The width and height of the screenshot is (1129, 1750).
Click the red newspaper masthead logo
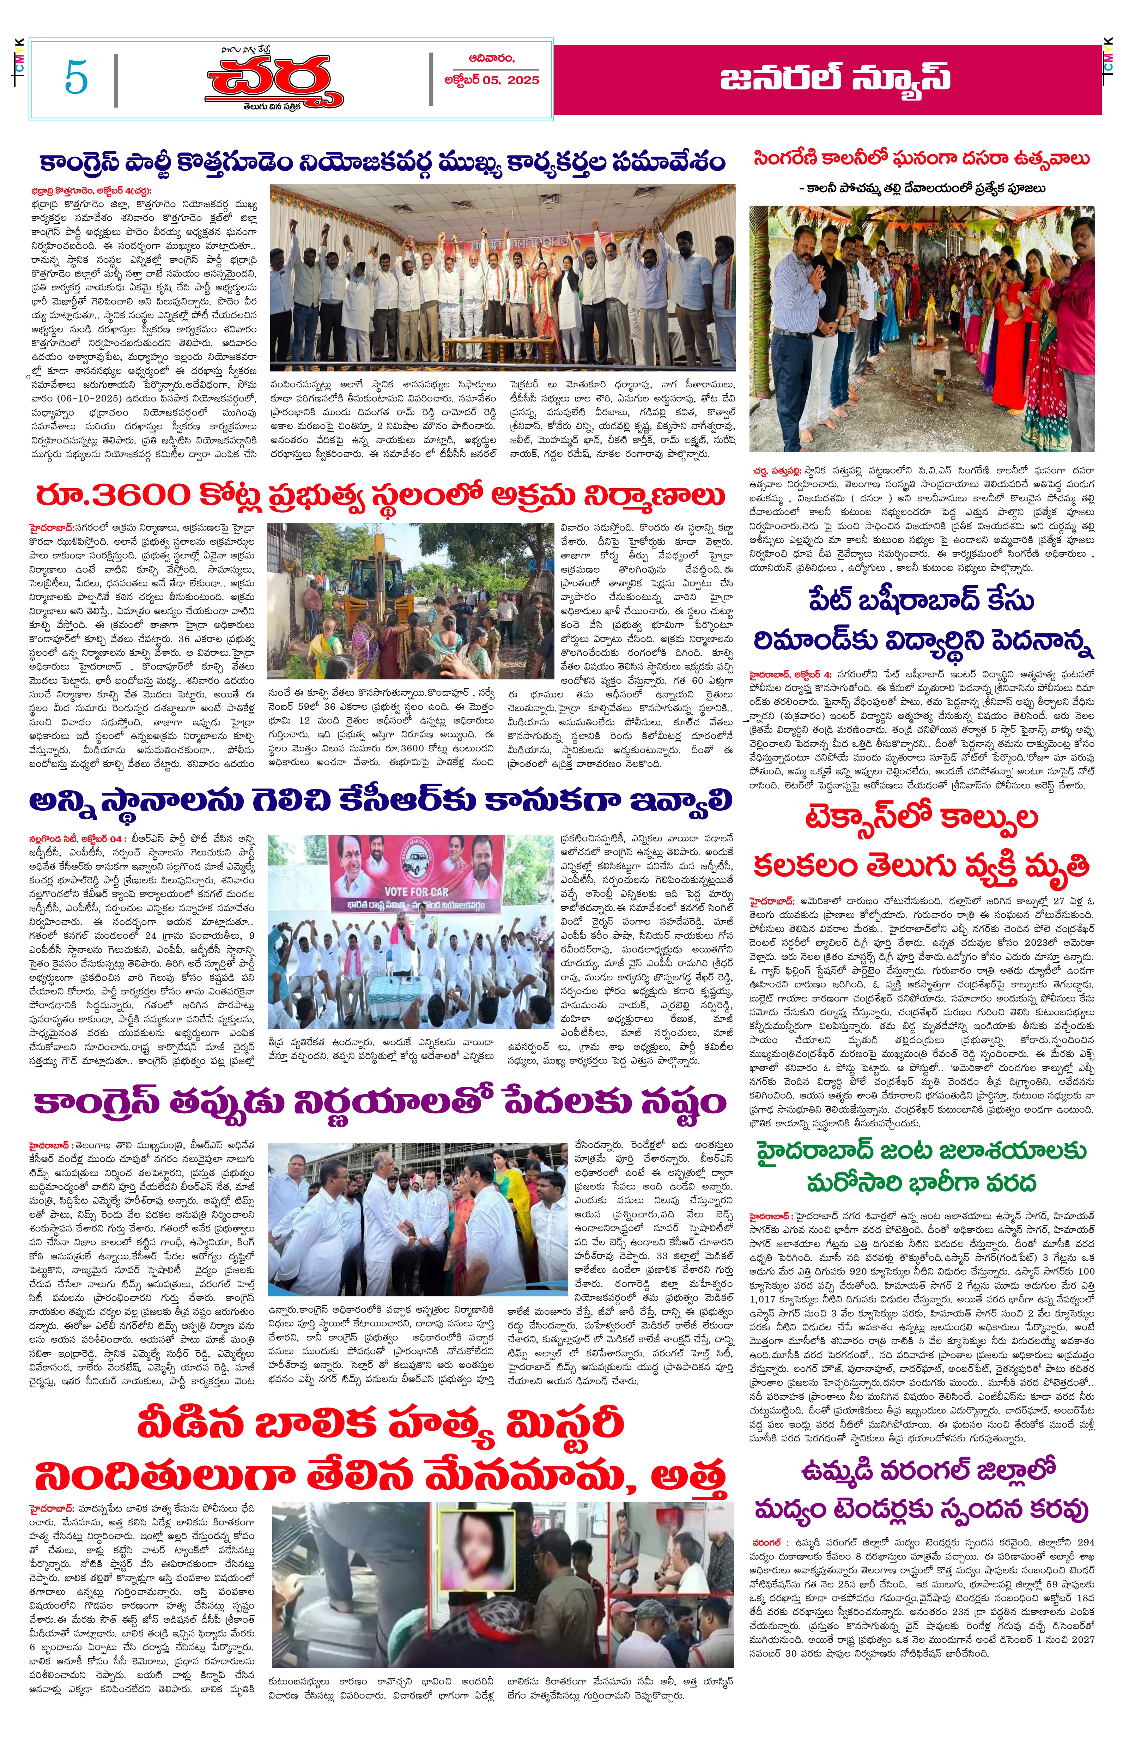(273, 81)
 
